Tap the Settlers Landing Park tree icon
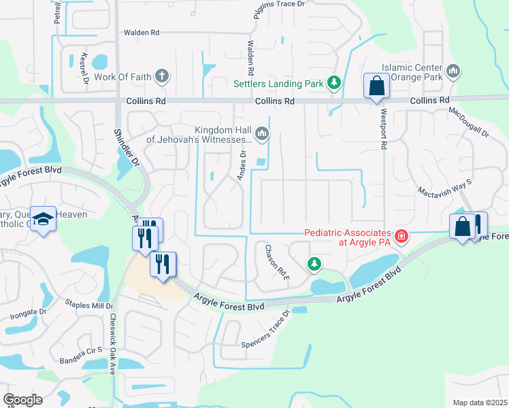pyautogui.click(x=333, y=84)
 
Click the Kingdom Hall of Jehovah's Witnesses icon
pyautogui.click(x=262, y=134)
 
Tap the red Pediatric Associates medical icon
pyautogui.click(x=401, y=237)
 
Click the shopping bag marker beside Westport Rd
pyautogui.click(x=376, y=86)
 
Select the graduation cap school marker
pyautogui.click(x=43, y=220)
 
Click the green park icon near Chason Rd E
pyautogui.click(x=314, y=263)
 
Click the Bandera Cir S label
pyautogui.click(x=80, y=354)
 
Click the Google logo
pyautogui.click(x=23, y=400)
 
